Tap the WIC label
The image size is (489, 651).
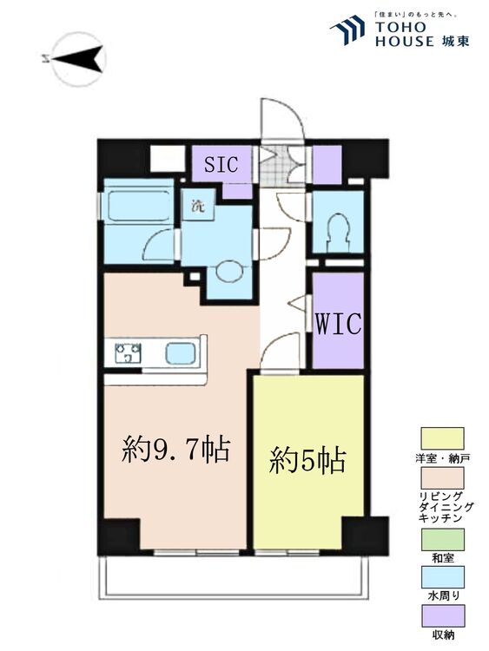(x=338, y=324)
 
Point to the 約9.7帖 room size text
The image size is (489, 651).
(x=175, y=450)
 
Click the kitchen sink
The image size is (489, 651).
(x=181, y=353)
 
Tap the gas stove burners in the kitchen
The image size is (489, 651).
(x=129, y=353)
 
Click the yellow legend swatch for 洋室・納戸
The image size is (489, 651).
(x=442, y=437)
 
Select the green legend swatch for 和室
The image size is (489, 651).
(x=442, y=539)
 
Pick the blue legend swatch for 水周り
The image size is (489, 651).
(x=442, y=576)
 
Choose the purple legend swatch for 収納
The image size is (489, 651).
(x=442, y=615)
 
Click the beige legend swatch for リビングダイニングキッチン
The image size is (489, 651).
(x=442, y=477)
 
